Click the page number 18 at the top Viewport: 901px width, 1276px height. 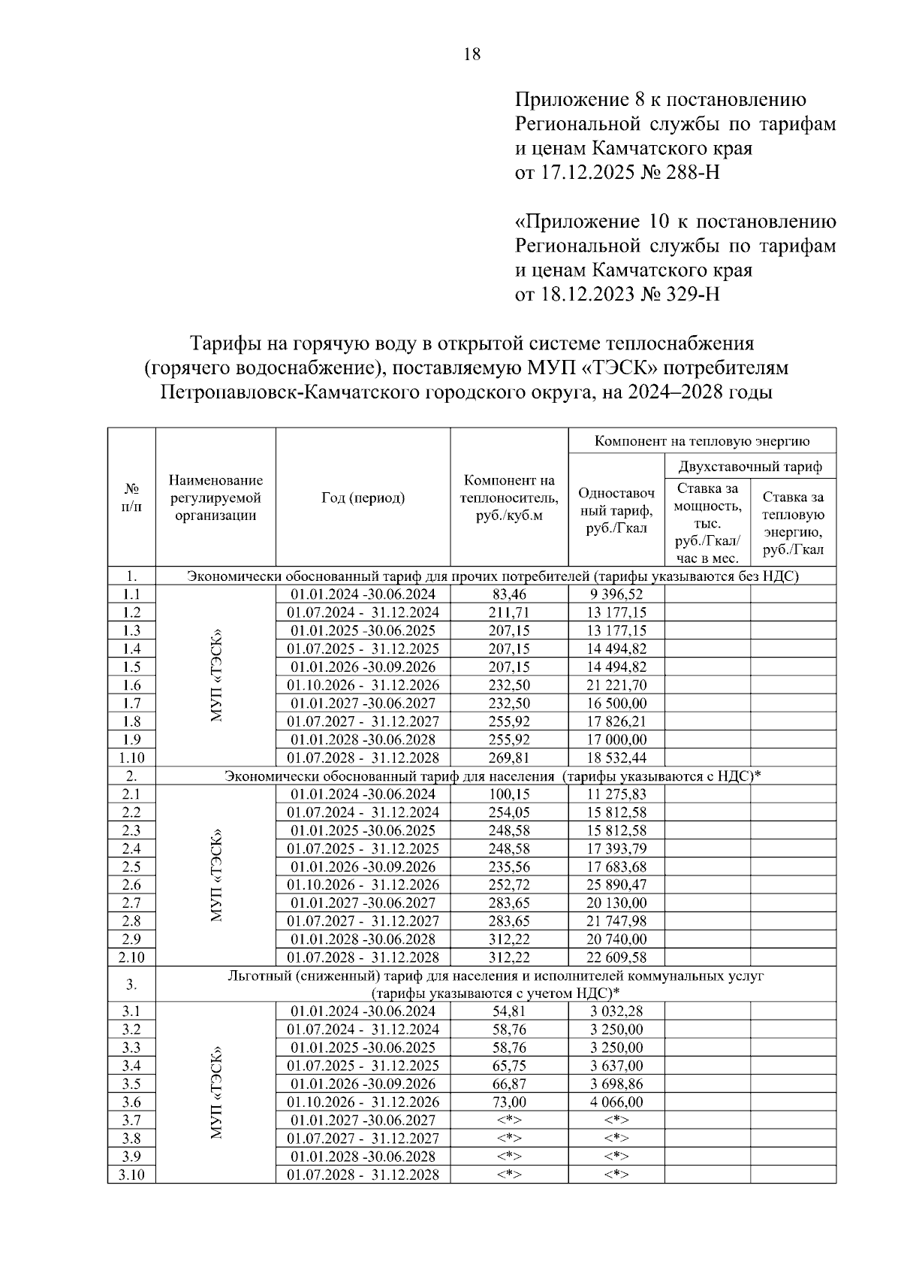(x=472, y=54)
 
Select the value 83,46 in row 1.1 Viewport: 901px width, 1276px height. (x=508, y=594)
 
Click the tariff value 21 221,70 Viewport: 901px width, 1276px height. (x=616, y=685)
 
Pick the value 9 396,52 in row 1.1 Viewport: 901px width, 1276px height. (x=616, y=594)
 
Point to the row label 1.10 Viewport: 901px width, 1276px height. (x=131, y=757)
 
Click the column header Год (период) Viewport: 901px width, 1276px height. (x=363, y=497)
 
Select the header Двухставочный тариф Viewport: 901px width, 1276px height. (x=750, y=467)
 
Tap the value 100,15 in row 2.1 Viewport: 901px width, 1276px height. (x=508, y=794)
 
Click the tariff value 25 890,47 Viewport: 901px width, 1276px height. (x=616, y=884)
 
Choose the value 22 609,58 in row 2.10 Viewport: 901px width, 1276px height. (x=616, y=957)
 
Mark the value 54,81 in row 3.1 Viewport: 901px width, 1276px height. (x=508, y=1011)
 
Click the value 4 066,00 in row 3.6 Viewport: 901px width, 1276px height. (x=616, y=1102)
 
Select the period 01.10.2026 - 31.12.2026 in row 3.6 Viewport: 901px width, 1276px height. (x=363, y=1102)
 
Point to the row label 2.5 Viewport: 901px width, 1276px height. (x=131, y=866)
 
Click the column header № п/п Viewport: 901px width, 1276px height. (x=131, y=497)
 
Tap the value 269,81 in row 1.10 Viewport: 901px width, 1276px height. (x=508, y=757)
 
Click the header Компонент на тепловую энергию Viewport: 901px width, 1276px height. (x=701, y=441)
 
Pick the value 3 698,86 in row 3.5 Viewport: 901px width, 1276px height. (x=616, y=1084)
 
